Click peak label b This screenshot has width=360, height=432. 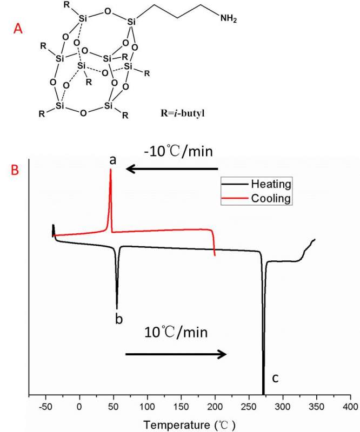[x=118, y=319]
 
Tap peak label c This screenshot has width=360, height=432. [x=275, y=379]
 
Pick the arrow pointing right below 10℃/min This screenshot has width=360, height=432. [x=176, y=354]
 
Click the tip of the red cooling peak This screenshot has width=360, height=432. [x=111, y=170]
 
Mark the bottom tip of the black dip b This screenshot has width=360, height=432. [x=117, y=308]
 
